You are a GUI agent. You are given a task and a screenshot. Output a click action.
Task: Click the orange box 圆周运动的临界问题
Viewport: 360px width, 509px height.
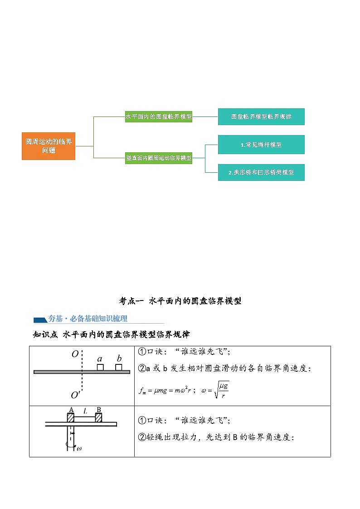[x=49, y=146]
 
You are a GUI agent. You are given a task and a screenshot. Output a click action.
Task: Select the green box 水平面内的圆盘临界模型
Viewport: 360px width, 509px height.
[x=158, y=116]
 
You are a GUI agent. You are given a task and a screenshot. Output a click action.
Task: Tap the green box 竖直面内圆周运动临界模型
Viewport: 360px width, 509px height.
[x=158, y=158]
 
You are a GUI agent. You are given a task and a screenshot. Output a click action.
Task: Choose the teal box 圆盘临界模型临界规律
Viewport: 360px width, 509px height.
[x=261, y=116]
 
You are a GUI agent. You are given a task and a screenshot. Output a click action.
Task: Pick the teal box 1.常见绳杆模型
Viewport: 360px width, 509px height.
[x=261, y=145]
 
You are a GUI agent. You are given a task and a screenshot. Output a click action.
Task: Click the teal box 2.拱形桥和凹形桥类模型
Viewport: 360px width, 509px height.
[x=261, y=172]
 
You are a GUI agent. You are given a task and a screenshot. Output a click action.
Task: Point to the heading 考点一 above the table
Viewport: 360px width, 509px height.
[x=131, y=301]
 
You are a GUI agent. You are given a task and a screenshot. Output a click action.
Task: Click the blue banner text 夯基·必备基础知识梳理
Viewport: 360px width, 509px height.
[x=88, y=319]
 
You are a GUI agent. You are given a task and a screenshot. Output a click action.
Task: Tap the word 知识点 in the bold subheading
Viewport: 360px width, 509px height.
[x=44, y=335]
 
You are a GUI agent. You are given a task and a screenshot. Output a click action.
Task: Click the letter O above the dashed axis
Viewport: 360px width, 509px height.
[x=75, y=354]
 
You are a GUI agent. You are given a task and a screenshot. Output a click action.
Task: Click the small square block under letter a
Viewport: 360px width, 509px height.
[x=100, y=367]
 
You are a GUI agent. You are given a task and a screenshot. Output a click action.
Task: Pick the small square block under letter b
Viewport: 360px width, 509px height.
[x=118, y=367]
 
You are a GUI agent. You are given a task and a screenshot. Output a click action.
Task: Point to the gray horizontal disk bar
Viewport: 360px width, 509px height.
[x=82, y=372]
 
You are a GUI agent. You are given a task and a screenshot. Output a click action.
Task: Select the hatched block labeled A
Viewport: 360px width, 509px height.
[x=71, y=417]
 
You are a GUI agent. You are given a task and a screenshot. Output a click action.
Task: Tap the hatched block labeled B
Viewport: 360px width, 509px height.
[x=98, y=417]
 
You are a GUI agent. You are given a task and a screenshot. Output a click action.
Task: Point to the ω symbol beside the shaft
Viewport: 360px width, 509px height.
[x=79, y=449]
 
